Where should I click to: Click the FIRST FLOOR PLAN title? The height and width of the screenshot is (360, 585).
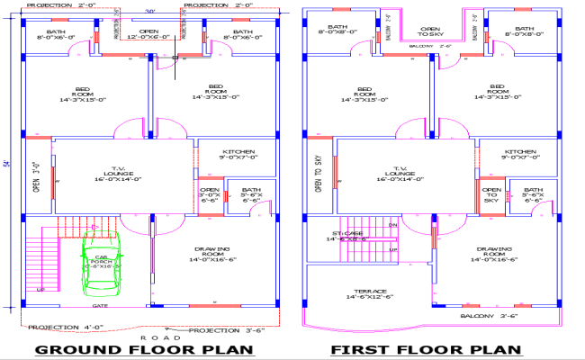click(x=426, y=349)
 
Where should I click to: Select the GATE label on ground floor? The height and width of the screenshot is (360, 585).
click(x=100, y=306)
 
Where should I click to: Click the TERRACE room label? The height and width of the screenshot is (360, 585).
click(x=371, y=293)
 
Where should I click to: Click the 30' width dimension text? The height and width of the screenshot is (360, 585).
click(x=149, y=12)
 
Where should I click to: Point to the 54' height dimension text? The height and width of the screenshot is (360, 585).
click(x=6, y=164)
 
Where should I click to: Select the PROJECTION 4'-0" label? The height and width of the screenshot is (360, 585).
click(x=62, y=327)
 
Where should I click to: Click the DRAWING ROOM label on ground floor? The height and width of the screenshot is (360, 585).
click(x=211, y=254)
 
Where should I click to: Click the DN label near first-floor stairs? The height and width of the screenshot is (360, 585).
click(x=392, y=225)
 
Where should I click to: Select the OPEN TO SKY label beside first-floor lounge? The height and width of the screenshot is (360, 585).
click(x=318, y=174)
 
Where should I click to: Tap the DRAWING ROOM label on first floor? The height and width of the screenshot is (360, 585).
click(x=493, y=254)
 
